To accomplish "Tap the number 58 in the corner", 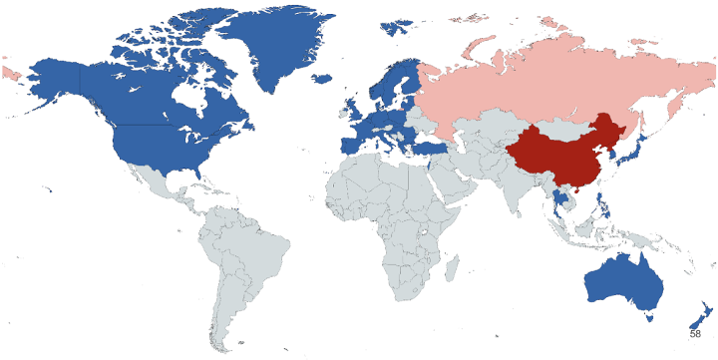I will click(695, 333).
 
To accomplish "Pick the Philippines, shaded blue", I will click(604, 210).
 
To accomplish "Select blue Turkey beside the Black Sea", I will click(435, 148).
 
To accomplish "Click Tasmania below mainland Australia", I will click(649, 318).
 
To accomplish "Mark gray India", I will click(518, 190).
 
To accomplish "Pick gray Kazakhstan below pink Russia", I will click(480, 124).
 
